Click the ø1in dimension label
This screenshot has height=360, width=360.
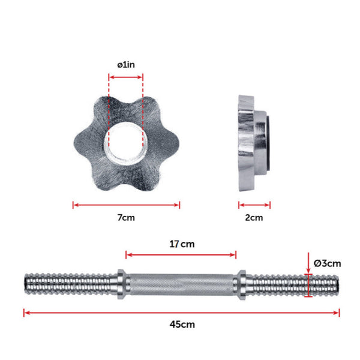[x=126, y=65]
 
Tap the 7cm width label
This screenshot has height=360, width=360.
[x=126, y=217]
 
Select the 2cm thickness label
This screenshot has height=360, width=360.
[x=254, y=217]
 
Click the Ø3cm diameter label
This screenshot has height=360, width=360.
[x=328, y=263]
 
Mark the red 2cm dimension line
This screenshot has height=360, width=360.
[x=254, y=205]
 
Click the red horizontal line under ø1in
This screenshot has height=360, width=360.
[x=126, y=76]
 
